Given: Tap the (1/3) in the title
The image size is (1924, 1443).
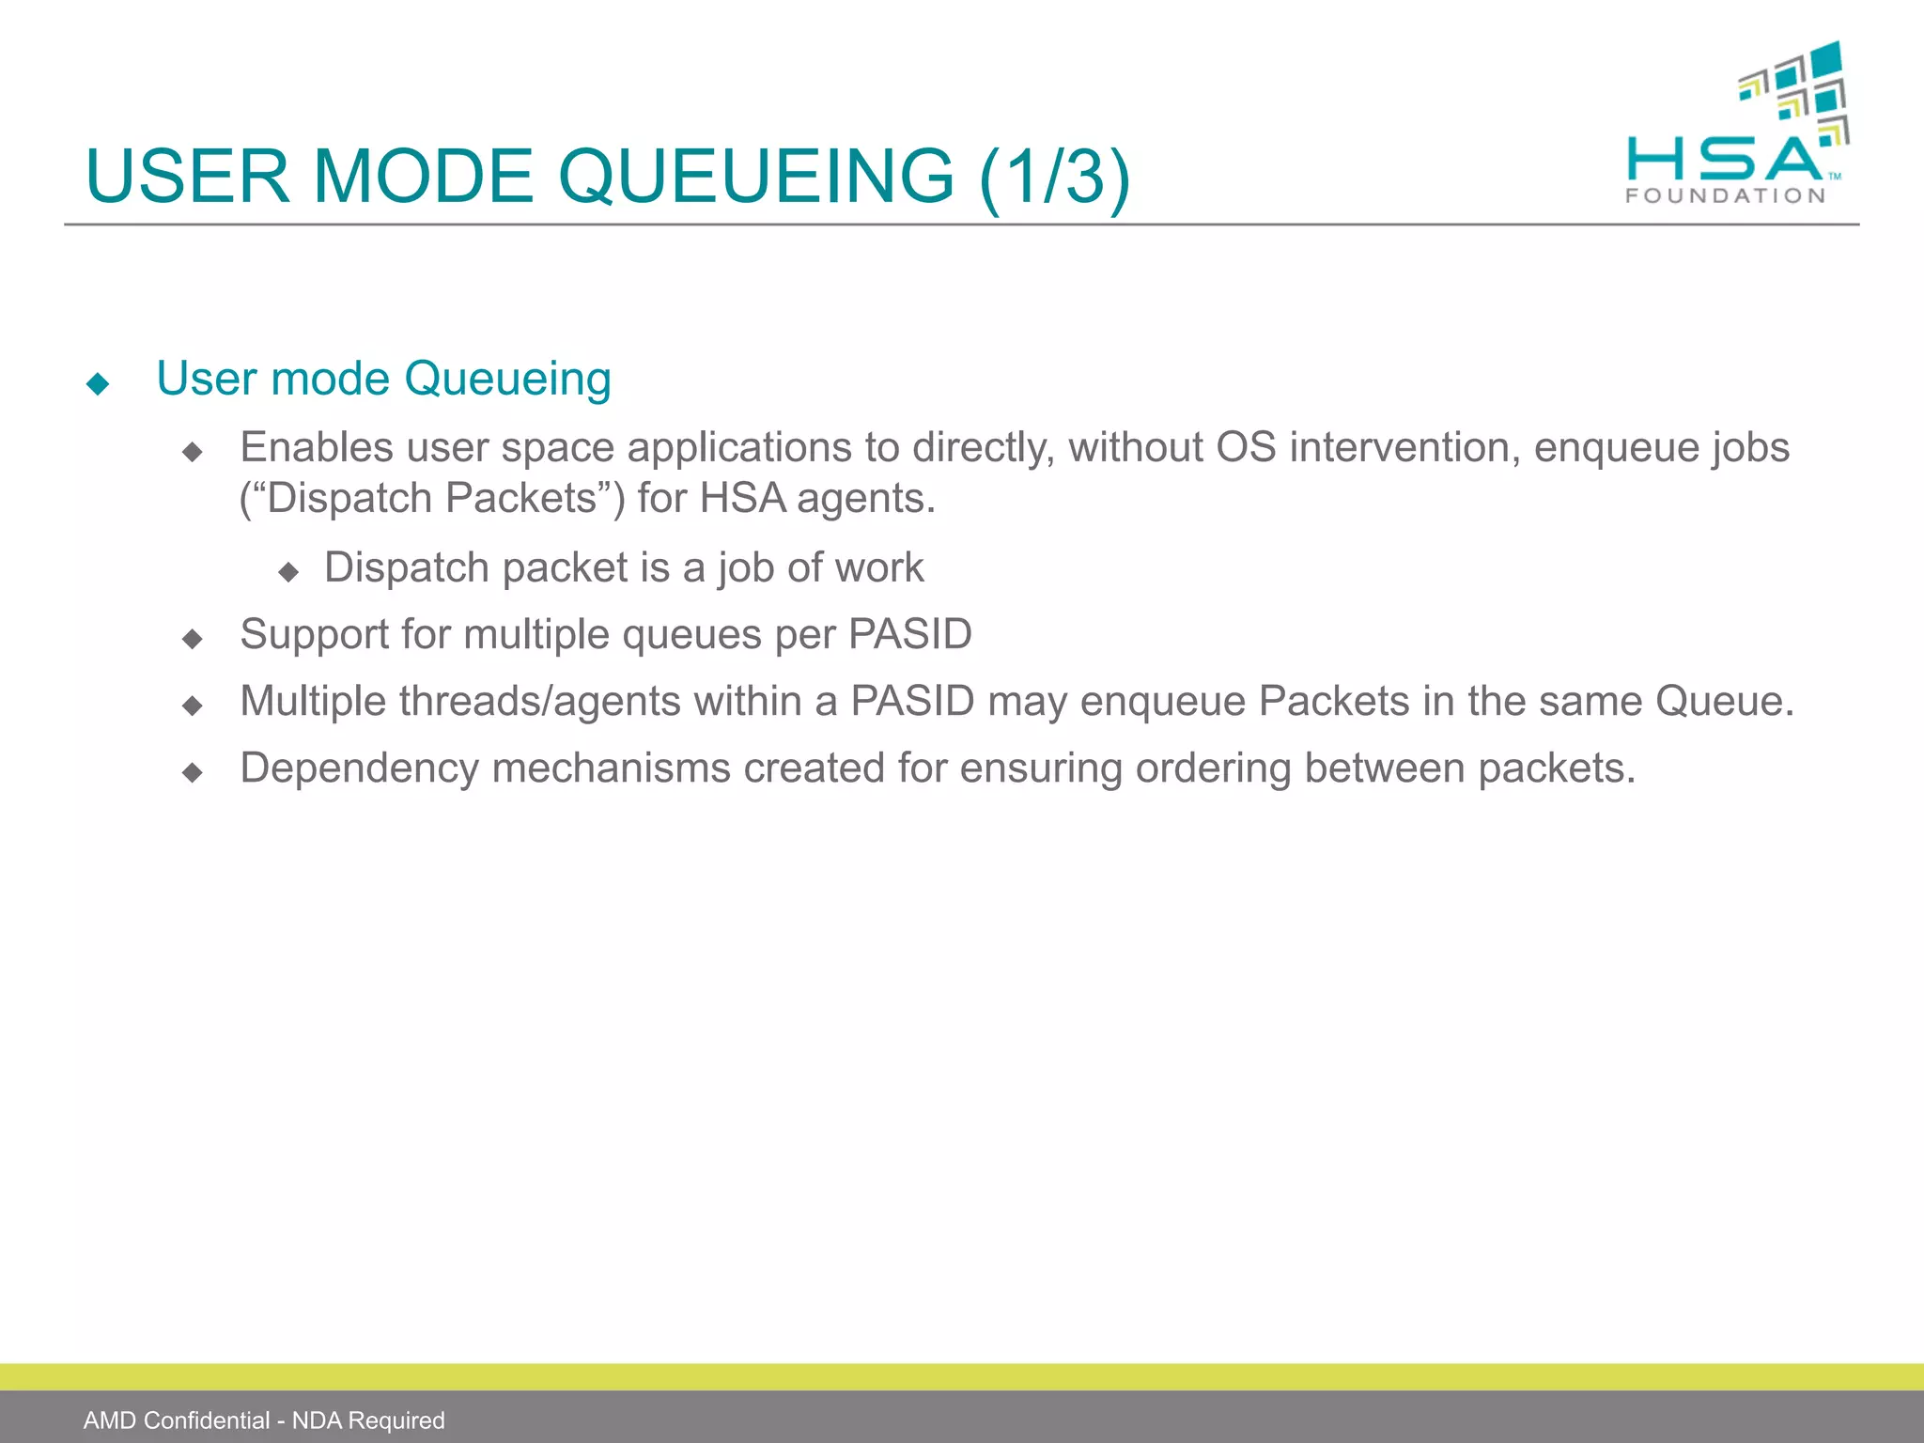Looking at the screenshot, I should click(1054, 177).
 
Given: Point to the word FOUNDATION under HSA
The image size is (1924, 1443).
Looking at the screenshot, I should click(1726, 195).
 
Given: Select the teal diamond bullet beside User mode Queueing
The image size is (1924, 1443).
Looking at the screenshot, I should click(98, 383).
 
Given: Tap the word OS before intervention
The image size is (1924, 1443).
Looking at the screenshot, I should click(1246, 447).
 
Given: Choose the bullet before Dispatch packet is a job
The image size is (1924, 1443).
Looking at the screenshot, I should click(288, 571).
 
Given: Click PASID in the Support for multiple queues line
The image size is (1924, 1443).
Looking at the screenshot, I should click(910, 634).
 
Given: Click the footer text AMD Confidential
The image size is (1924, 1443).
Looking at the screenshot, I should click(177, 1420).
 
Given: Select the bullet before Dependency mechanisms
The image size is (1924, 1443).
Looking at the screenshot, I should click(193, 772).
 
